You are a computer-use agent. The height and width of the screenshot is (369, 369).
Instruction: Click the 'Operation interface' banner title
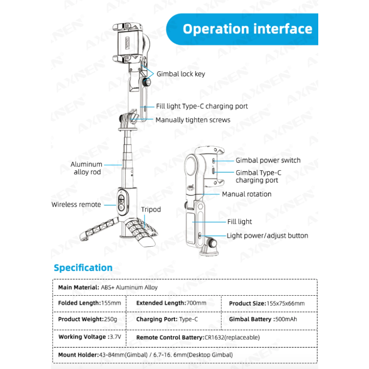point(247,29)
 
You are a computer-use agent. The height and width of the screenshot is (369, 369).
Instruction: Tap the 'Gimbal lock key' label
point(181,74)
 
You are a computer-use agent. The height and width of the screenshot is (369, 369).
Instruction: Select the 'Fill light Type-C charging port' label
point(202,106)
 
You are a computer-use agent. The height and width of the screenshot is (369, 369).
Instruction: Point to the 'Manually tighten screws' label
point(193,120)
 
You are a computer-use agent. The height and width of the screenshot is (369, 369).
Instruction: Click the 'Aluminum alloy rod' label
point(86,168)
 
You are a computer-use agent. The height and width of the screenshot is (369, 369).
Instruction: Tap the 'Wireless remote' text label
point(76,204)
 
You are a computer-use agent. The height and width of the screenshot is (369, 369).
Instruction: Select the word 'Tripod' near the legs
point(151,209)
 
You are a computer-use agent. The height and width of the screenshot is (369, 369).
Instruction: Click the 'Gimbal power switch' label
point(268,161)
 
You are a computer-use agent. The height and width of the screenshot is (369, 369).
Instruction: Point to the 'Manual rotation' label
point(247,194)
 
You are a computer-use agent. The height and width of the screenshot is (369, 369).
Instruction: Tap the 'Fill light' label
point(239,221)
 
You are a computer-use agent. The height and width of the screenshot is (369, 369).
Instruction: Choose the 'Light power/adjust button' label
point(267,236)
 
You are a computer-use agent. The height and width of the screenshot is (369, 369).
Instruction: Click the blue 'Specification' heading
point(83,268)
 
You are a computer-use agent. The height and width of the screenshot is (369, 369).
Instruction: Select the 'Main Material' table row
point(184,287)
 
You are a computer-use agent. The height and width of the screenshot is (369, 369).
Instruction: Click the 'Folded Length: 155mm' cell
point(90,303)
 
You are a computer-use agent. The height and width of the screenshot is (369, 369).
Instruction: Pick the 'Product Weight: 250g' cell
point(88,319)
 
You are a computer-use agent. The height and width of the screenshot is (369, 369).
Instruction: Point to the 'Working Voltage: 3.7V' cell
point(90,337)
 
